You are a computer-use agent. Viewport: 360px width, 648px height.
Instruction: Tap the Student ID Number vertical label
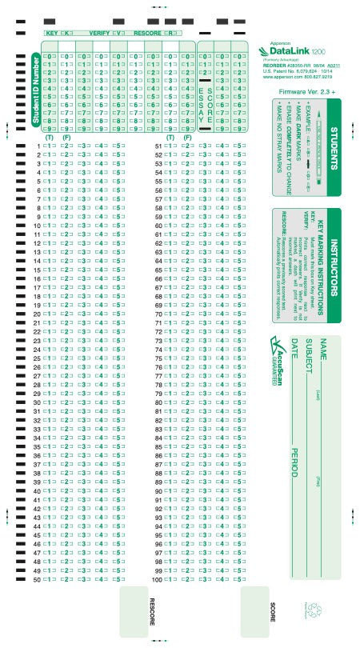pos(34,92)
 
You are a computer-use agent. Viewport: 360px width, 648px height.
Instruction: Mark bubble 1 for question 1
pos(49,146)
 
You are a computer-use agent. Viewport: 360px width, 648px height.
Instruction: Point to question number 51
pos(158,146)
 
